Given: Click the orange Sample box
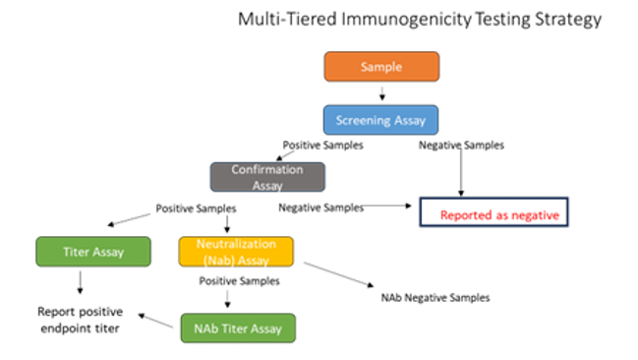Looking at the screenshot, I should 381,67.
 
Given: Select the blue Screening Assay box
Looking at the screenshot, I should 380,120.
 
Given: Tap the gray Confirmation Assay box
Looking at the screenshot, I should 266,177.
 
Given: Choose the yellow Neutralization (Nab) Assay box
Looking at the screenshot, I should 235,252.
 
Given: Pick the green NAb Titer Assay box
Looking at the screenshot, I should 237,328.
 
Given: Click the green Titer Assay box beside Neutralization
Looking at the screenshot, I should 93,252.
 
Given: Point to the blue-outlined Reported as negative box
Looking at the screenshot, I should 494,213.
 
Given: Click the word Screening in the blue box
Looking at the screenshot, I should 365,121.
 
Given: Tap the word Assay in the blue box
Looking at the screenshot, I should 411,121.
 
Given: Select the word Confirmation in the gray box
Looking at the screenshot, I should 266,170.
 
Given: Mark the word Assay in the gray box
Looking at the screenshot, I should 266,185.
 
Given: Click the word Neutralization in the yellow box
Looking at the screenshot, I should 236,244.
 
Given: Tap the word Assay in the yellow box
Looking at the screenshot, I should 254,260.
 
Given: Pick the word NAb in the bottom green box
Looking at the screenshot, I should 204,329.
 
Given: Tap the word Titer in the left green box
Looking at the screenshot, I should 77,253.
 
